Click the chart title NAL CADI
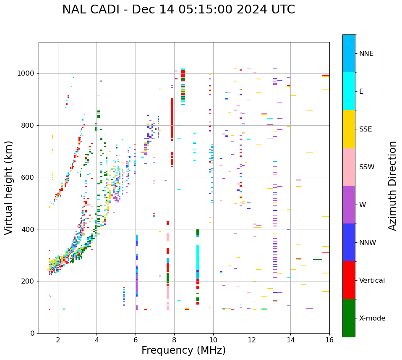pyautogui.click(x=178, y=10)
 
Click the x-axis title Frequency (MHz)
pyautogui.click(x=183, y=350)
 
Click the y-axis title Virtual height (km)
pyautogui.click(x=9, y=188)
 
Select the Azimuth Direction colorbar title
pyautogui.click(x=392, y=186)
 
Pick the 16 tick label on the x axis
pyautogui.click(x=329, y=340)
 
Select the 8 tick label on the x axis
pyautogui.click(x=174, y=340)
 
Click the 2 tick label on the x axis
pyautogui.click(x=58, y=340)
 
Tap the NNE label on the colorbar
pyautogui.click(x=366, y=54)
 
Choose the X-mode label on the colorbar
pyautogui.click(x=372, y=318)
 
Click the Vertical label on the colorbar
pyautogui.click(x=372, y=281)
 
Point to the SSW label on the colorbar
pyautogui.click(x=366, y=167)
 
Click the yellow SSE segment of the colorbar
pyautogui.click(x=349, y=129)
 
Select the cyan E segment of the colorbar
pyautogui.click(x=349, y=91)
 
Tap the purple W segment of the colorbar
pyautogui.click(x=349, y=205)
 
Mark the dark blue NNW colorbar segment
pyautogui.click(x=349, y=242)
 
